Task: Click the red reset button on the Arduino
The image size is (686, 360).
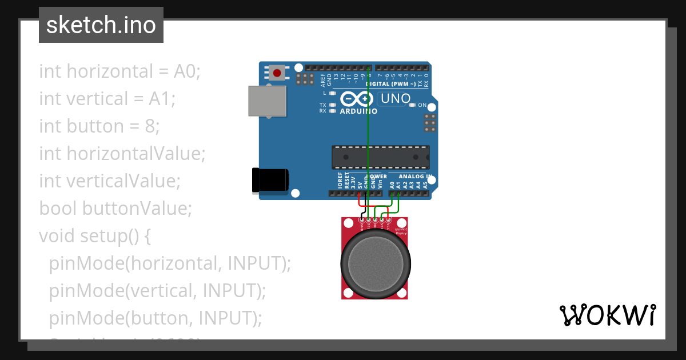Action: coord(277,73)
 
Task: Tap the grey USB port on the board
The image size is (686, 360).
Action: coord(267,101)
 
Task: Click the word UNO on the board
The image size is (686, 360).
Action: coord(396,98)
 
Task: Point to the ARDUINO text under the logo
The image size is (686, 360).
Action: coord(358,111)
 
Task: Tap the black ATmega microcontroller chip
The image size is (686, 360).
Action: coord(381,157)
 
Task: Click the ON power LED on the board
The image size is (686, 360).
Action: coord(412,105)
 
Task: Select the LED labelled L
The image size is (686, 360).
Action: coord(332,93)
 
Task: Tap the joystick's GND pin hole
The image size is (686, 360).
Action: coord(361,219)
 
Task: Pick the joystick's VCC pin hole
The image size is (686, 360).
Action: coord(389,219)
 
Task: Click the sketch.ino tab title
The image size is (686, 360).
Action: coord(101,25)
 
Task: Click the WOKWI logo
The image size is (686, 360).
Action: coord(607,315)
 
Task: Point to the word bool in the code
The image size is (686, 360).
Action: coord(58,208)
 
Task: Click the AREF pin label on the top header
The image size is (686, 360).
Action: coord(323,79)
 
